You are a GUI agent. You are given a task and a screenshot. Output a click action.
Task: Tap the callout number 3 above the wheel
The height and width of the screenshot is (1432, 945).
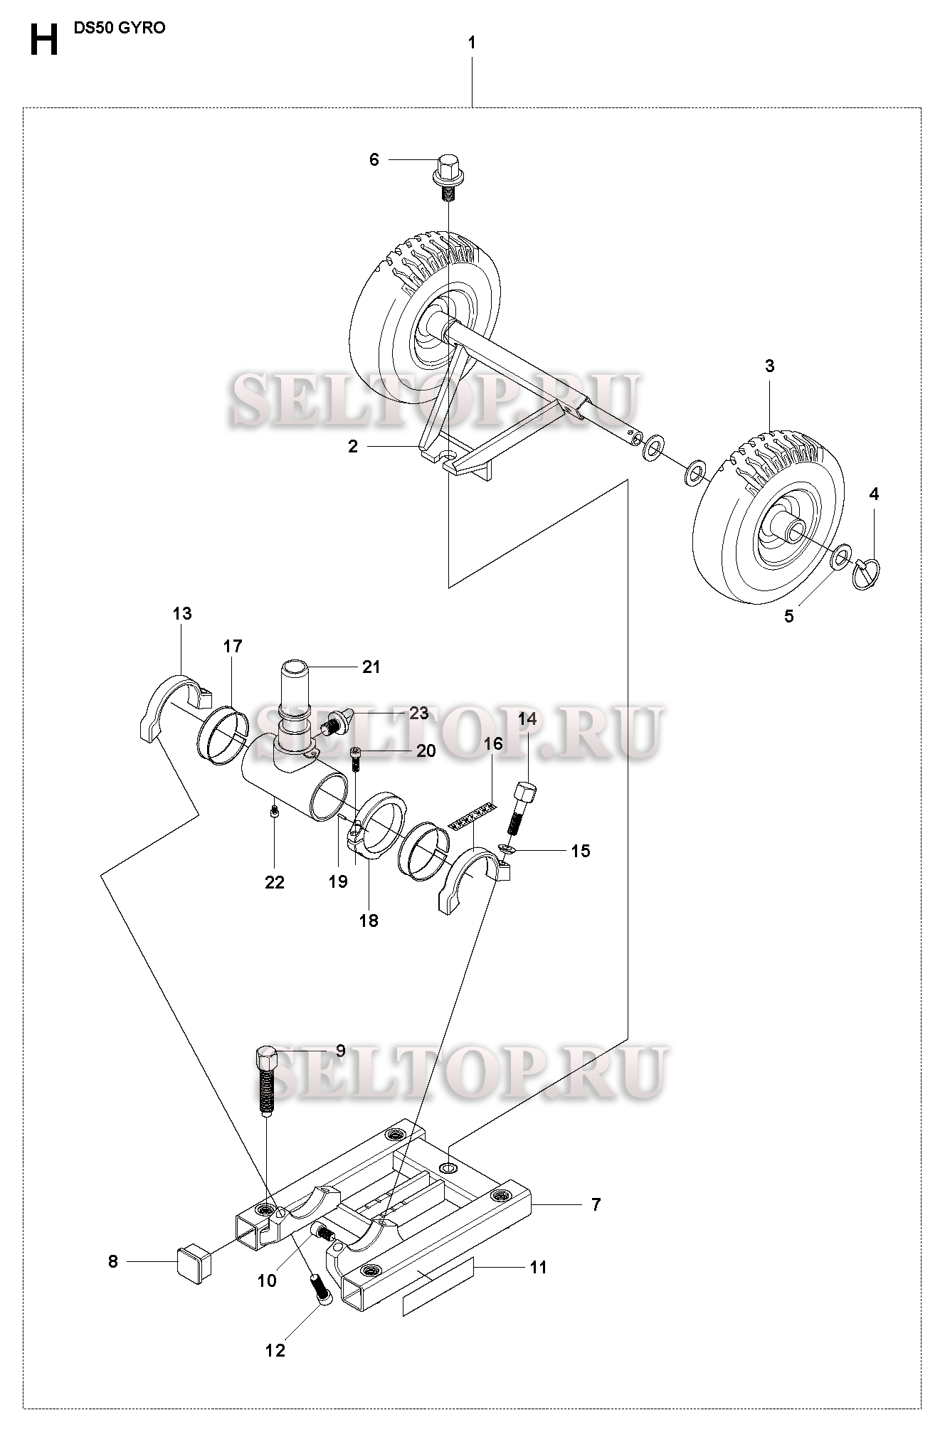point(769,366)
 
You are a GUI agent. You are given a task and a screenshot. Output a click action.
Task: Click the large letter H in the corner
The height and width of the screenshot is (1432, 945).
point(43,41)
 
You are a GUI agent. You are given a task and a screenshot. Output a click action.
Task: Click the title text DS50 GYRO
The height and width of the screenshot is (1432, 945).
point(120,28)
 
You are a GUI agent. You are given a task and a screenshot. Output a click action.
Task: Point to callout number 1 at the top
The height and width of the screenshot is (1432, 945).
point(472,43)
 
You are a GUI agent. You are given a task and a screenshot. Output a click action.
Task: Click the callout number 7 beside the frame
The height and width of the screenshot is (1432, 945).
point(596,1204)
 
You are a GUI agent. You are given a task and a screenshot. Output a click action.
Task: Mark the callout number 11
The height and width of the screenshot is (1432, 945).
point(539,1267)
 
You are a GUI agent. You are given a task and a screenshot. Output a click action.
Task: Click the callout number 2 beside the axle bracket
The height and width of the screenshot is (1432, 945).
point(353,447)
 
